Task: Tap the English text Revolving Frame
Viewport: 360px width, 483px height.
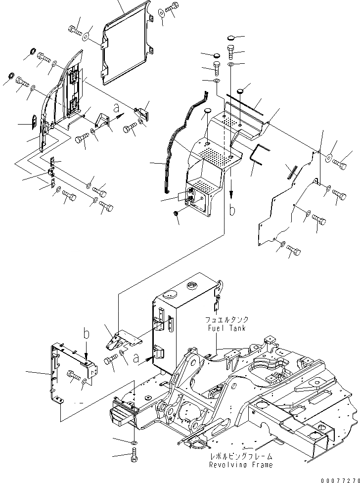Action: (x=240, y=465)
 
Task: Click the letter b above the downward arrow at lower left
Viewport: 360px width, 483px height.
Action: (x=87, y=335)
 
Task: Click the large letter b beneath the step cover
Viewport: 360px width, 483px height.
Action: (x=232, y=210)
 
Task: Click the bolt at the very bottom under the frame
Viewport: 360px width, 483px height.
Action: (x=135, y=457)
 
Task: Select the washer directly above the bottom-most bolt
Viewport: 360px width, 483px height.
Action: (x=135, y=441)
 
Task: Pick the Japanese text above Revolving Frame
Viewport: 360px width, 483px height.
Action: (x=240, y=457)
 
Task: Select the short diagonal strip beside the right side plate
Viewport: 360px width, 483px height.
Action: (x=291, y=170)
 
